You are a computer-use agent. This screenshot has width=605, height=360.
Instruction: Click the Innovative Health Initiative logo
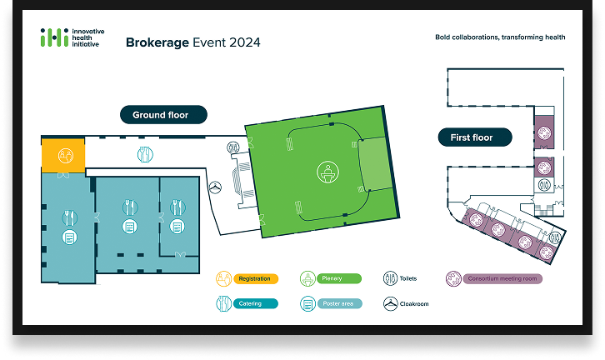(x=72, y=37)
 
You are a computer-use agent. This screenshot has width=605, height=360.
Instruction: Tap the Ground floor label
(x=160, y=115)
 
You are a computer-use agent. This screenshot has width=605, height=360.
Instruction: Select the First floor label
(x=471, y=137)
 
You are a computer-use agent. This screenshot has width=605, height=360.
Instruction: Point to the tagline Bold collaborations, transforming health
(x=500, y=37)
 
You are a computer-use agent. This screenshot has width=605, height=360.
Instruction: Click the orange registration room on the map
(x=63, y=155)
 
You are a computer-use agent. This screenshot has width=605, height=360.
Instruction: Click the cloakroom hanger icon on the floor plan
(x=215, y=187)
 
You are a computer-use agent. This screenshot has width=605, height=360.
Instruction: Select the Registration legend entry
(x=247, y=279)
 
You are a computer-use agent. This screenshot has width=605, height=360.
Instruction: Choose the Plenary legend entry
(x=329, y=279)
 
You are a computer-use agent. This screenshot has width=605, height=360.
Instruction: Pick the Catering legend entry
(x=247, y=303)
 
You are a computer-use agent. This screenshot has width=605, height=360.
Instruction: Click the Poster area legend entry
(x=330, y=303)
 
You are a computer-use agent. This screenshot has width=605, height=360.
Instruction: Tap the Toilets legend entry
(x=400, y=279)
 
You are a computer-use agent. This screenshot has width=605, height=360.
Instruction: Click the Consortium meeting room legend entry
(x=493, y=279)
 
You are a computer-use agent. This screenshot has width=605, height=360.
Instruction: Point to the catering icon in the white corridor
(x=144, y=153)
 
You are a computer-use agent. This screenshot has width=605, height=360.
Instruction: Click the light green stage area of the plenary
(x=372, y=166)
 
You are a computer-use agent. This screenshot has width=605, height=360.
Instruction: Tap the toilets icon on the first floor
(x=544, y=185)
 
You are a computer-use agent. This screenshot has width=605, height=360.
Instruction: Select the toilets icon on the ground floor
(x=233, y=147)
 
